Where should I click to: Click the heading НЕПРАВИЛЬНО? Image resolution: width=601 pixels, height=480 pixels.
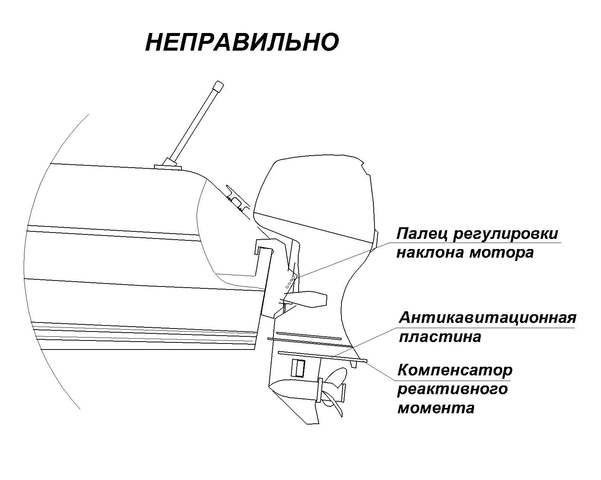(x=242, y=42)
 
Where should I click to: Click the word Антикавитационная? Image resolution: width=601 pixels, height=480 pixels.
(x=487, y=318)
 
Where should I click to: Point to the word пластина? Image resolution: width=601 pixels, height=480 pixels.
(x=439, y=337)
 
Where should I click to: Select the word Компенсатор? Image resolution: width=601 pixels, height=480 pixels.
(x=455, y=370)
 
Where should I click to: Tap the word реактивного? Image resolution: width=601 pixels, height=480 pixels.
(x=452, y=389)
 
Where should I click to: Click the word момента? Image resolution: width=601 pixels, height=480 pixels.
(x=436, y=408)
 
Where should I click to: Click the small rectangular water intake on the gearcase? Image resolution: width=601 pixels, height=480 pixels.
(x=299, y=368)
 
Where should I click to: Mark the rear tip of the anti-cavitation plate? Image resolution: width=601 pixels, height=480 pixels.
(x=364, y=361)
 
